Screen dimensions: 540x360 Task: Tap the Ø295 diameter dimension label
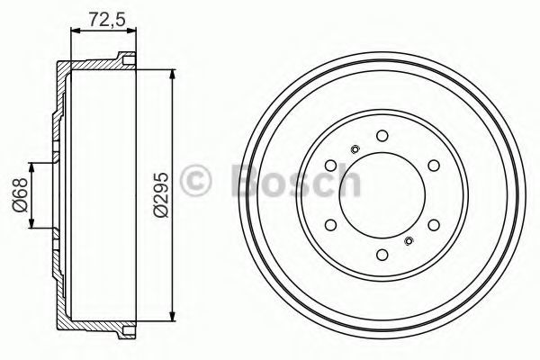pos(161,195)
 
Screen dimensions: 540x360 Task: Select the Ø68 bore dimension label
pos(19,195)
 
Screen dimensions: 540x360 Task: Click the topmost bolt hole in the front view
pos(382,136)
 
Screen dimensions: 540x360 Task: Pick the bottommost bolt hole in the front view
pos(382,255)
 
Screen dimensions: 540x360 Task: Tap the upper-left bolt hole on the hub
pos(331,166)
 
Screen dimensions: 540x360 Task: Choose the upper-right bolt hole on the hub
pos(434,166)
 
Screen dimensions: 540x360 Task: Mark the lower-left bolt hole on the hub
pos(331,225)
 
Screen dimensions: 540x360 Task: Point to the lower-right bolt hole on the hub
pos(434,225)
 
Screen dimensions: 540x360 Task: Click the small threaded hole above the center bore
pos(355,149)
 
